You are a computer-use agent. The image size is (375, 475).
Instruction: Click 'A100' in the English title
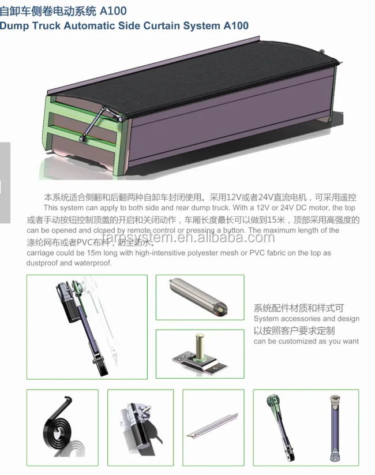pyautogui.click(x=234, y=26)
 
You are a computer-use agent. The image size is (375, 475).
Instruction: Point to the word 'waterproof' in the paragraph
pyautogui.click(x=90, y=263)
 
